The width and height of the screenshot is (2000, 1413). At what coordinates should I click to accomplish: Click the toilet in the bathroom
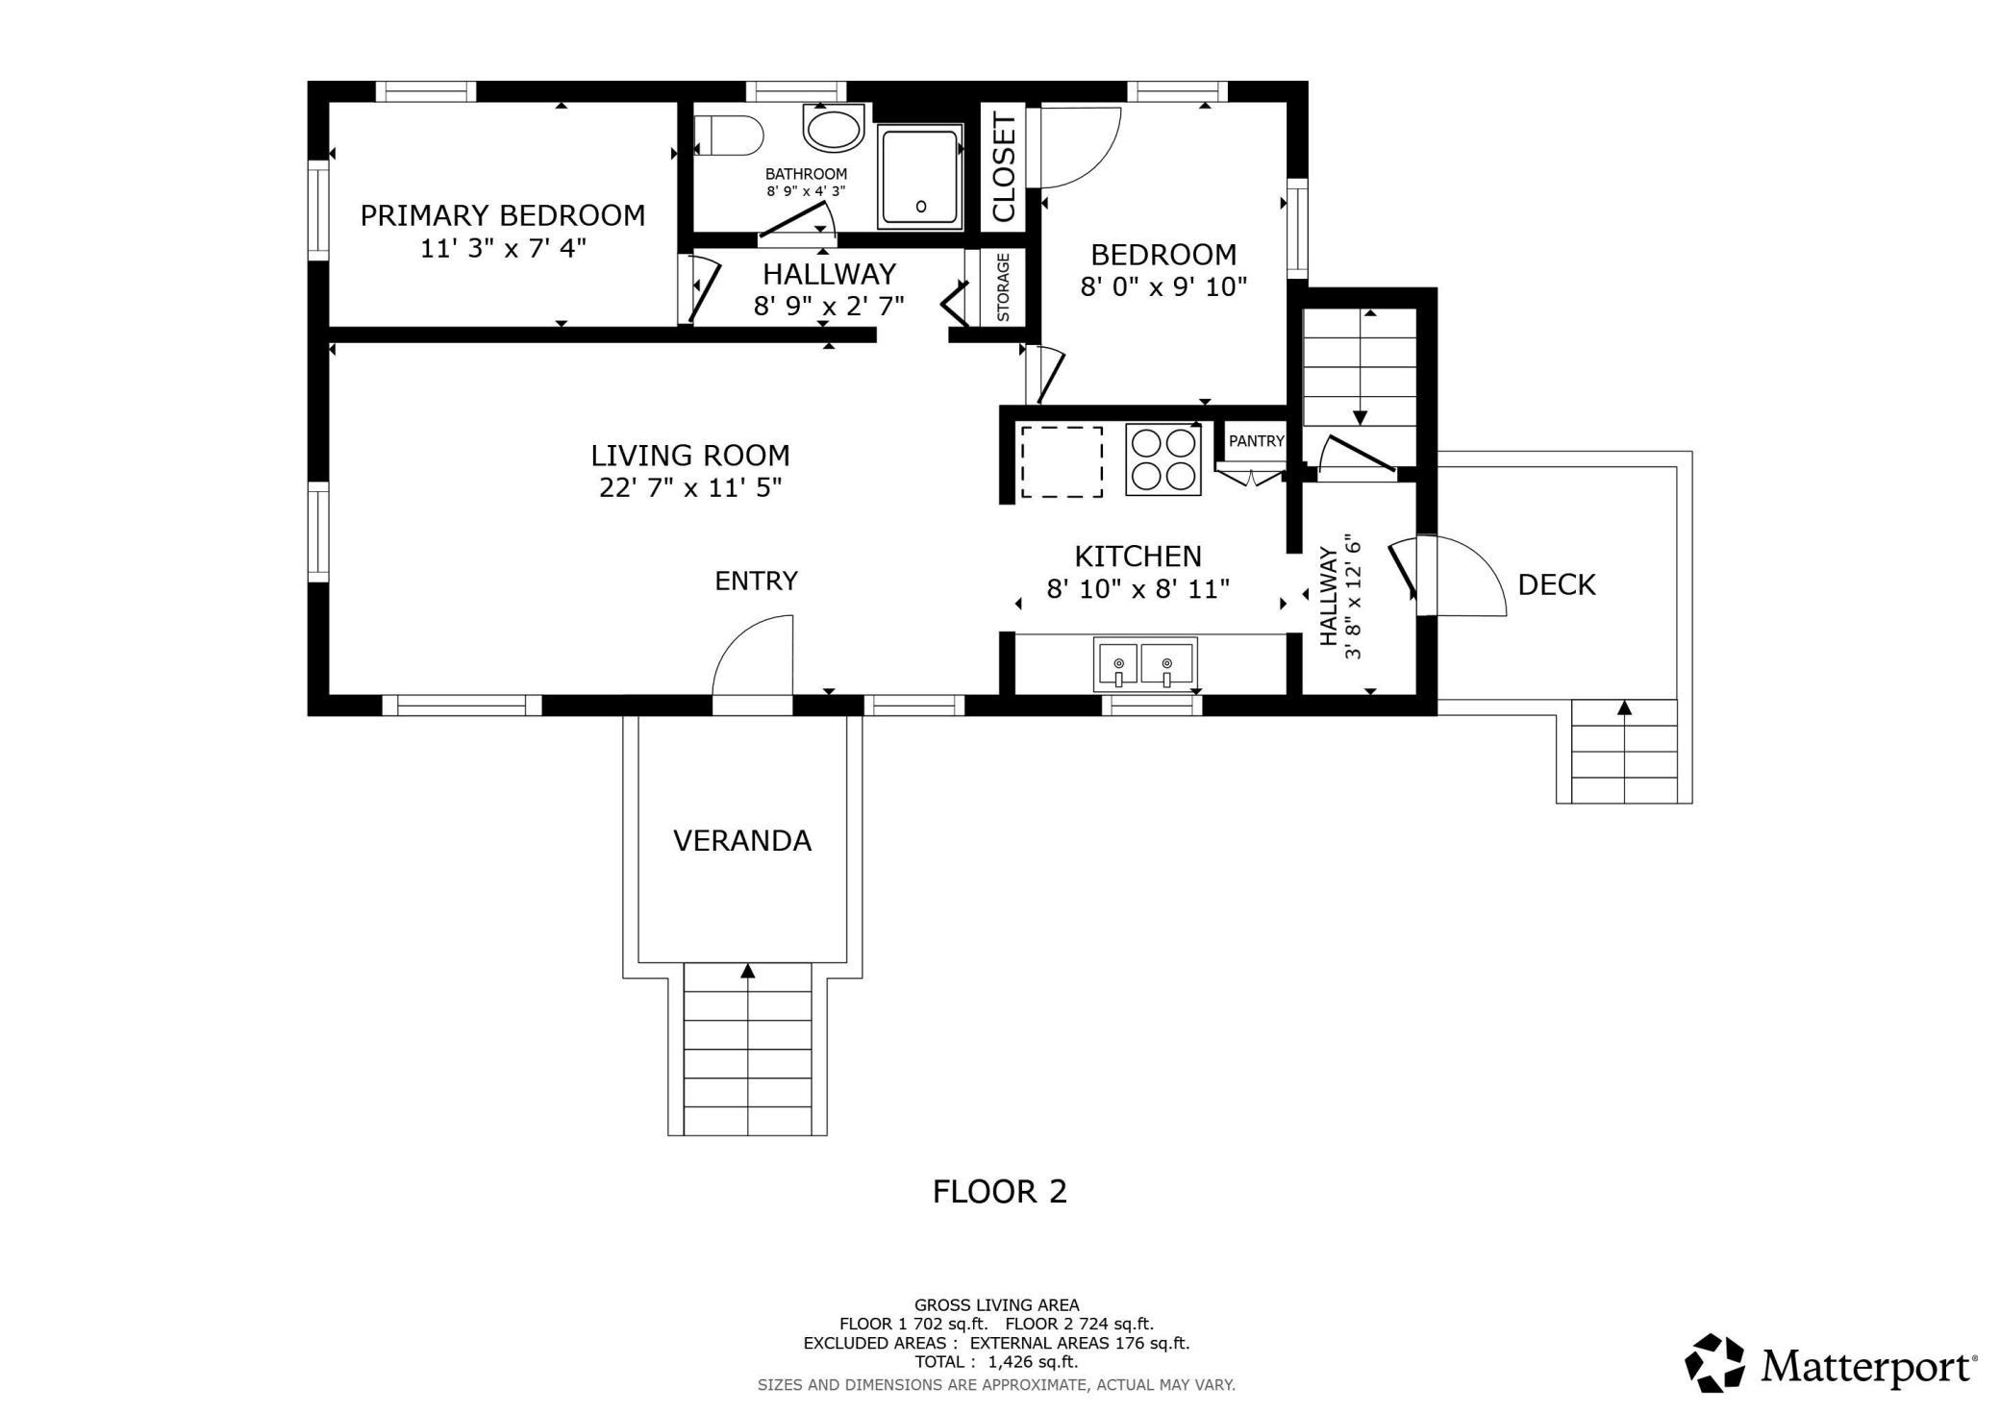click(x=728, y=135)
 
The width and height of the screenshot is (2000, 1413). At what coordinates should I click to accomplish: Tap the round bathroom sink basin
click(x=834, y=128)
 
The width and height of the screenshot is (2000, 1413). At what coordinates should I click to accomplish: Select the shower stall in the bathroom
click(x=920, y=177)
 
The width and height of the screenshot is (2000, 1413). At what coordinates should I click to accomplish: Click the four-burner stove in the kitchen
click(x=1163, y=459)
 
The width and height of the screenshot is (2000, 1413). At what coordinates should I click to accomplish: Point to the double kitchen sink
click(x=1144, y=664)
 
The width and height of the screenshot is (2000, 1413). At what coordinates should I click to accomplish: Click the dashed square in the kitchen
click(x=1062, y=461)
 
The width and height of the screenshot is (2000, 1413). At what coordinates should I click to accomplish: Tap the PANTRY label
click(x=1256, y=441)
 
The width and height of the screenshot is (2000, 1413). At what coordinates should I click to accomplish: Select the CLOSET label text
click(x=1003, y=167)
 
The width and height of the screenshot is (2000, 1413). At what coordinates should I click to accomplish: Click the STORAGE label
click(x=1003, y=286)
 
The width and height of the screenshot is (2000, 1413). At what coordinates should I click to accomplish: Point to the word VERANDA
click(x=742, y=841)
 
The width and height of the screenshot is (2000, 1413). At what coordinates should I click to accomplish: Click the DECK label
click(x=1557, y=584)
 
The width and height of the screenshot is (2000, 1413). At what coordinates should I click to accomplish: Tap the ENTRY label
click(x=756, y=581)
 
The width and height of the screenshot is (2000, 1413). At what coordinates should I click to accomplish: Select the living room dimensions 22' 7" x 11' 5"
click(x=690, y=488)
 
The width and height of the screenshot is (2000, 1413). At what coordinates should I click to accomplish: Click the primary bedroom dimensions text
click(x=503, y=248)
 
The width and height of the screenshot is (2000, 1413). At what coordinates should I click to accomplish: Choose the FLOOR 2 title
click(x=1000, y=1192)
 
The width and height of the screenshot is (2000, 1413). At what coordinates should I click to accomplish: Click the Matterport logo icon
click(x=1715, y=1362)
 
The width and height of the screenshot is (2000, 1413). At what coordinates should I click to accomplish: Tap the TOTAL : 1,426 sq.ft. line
click(x=996, y=1362)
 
